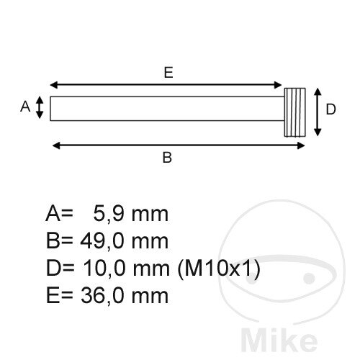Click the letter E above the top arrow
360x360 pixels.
pyautogui.click(x=168, y=72)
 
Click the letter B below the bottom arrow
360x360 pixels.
pyautogui.click(x=167, y=158)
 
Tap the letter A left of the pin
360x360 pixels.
pyautogui.click(x=25, y=107)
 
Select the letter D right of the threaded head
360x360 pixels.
pyautogui.click(x=330, y=109)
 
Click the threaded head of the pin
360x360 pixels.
pyautogui.click(x=295, y=112)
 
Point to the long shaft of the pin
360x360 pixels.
pyautogui.click(x=167, y=109)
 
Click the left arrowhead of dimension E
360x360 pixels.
pyautogui.click(x=54, y=85)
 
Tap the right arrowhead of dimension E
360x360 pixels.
pyautogui.click(x=278, y=85)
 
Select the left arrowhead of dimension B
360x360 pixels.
pyautogui.click(x=56, y=145)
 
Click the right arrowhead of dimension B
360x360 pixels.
pyautogui.click(x=301, y=145)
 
